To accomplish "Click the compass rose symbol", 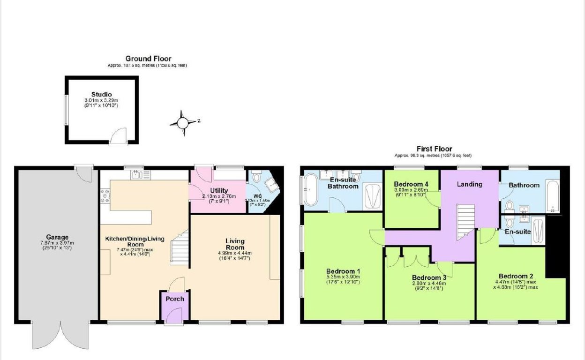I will (x=183, y=123).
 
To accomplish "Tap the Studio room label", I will (x=101, y=95).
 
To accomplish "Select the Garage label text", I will (x=57, y=237).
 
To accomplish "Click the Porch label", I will (x=175, y=299).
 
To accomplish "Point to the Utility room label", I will (x=218, y=190).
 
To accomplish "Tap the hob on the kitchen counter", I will (x=104, y=196).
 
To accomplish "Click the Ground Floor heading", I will (x=148, y=59).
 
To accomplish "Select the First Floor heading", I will (x=434, y=149).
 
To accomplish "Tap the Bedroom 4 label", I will (x=411, y=184).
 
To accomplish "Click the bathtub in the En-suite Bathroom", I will (x=310, y=190).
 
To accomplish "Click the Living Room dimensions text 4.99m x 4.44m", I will (x=234, y=253).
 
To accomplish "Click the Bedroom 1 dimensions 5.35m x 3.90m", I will (x=343, y=277).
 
